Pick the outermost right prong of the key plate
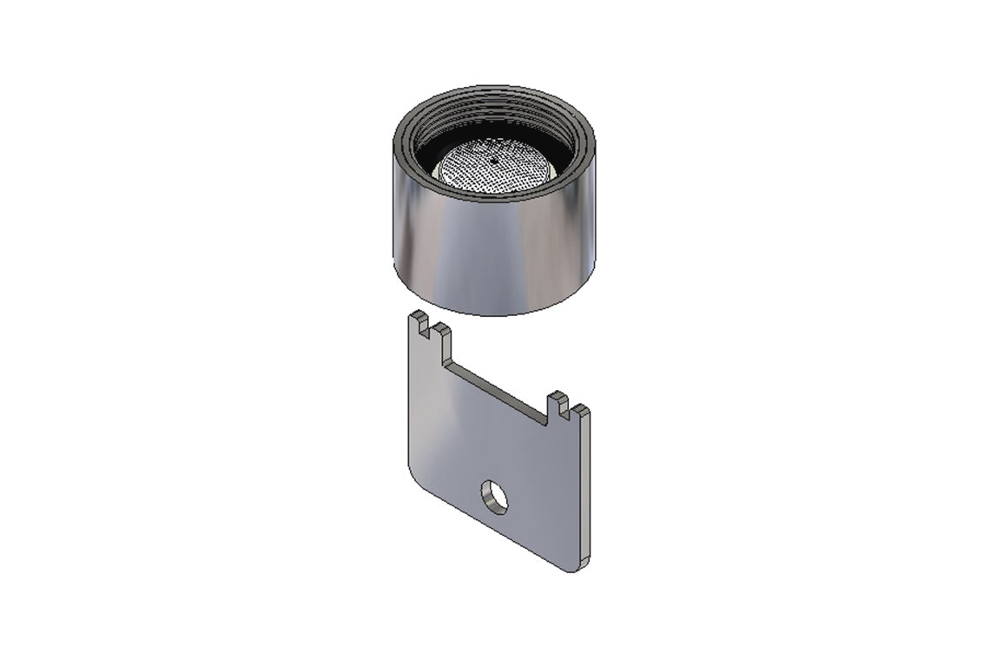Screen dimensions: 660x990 coord(581,413)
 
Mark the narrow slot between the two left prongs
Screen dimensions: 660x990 coord(430,331)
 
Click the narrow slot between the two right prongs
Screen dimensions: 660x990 coord(570,410)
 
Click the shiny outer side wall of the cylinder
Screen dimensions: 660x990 coord(495,252)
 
